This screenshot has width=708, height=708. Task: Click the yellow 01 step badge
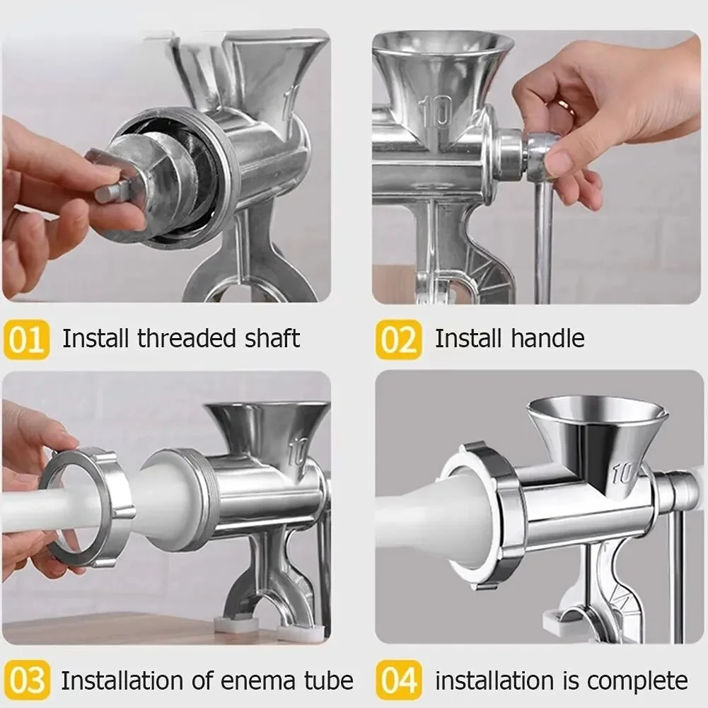click(27, 340)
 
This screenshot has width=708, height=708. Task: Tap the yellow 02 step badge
click(398, 340)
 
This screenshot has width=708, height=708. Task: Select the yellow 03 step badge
click(27, 681)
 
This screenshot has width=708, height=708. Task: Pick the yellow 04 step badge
click(398, 681)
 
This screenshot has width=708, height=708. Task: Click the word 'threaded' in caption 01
click(182, 338)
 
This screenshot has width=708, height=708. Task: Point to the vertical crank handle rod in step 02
click(543, 240)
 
